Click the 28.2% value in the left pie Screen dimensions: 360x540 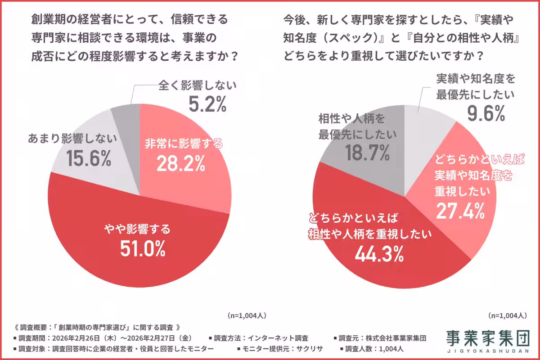coord(180,164)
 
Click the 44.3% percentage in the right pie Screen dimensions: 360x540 coord(378,254)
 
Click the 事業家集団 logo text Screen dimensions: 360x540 coord(488,337)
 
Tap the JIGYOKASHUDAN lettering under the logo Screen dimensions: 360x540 coord(488,351)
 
